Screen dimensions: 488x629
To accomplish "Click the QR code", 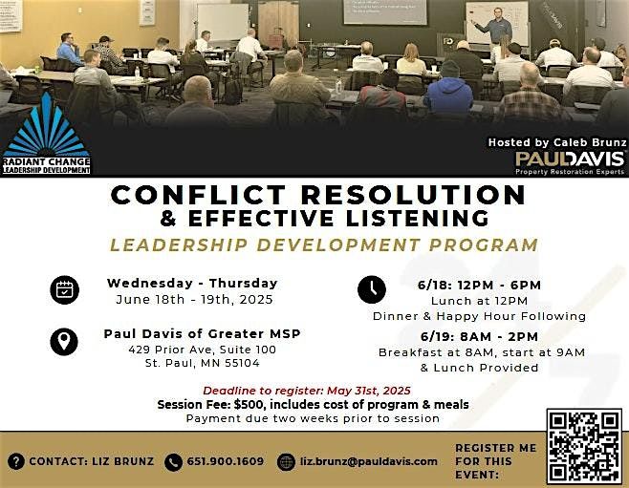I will point(583,447).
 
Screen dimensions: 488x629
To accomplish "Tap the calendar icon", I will point(66,289).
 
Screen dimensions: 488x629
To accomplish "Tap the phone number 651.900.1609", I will point(225,461).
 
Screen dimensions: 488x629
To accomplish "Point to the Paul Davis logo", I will point(570,159).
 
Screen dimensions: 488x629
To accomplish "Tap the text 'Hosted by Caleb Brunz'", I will point(555,142).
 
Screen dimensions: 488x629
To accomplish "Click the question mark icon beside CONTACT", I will point(15,461).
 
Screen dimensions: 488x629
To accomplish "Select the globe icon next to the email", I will point(286,461).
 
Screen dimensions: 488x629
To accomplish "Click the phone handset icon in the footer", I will point(173,461).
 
